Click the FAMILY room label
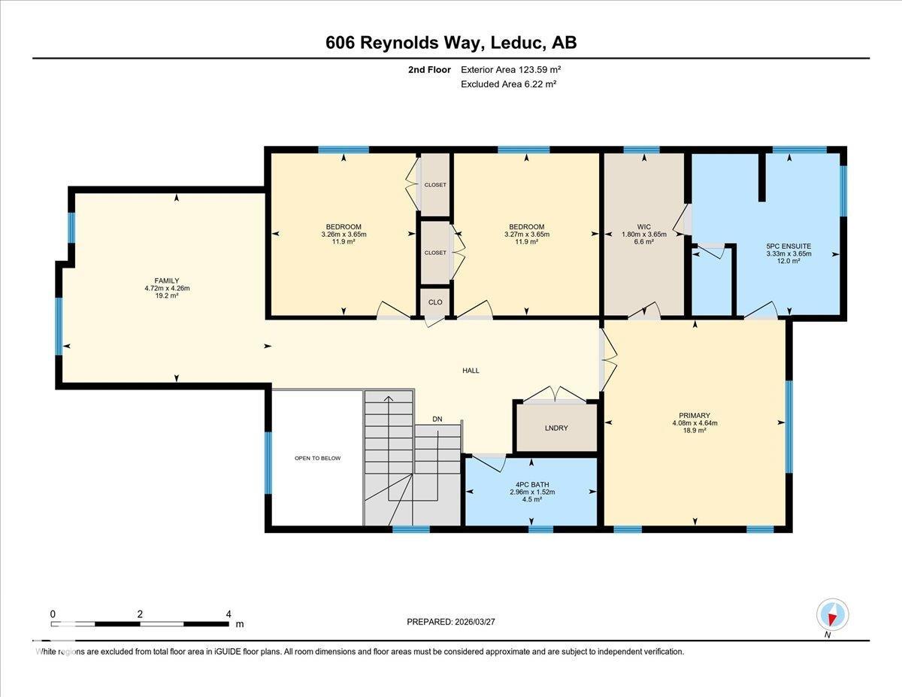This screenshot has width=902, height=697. click(x=167, y=280)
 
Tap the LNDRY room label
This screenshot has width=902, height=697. click(x=556, y=428)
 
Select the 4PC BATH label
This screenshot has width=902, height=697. click(x=531, y=484)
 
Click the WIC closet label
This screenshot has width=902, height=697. click(x=643, y=226)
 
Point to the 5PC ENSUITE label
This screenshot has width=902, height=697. click(x=788, y=246)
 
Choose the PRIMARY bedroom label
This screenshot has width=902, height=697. click(x=695, y=414)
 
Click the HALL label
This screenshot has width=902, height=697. click(x=471, y=370)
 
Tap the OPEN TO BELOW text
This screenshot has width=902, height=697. click(x=317, y=458)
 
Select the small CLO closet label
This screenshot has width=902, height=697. click(x=435, y=302)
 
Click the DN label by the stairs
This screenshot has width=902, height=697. click(x=437, y=419)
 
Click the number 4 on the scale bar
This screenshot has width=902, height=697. click(x=229, y=614)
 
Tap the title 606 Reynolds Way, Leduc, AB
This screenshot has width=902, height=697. click(x=451, y=43)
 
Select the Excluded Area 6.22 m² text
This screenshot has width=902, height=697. click(x=508, y=84)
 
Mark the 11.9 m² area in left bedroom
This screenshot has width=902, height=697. click(x=344, y=242)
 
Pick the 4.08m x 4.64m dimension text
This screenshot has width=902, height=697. click(x=695, y=423)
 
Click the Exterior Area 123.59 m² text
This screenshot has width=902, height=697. click(x=511, y=69)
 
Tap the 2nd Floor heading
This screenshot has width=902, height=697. click(x=430, y=69)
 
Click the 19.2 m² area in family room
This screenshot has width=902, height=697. click(x=167, y=295)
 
